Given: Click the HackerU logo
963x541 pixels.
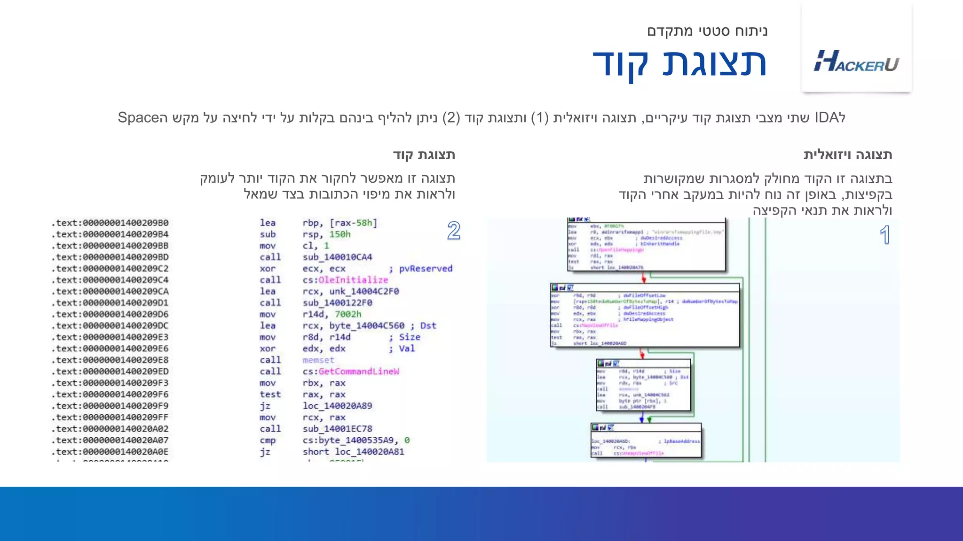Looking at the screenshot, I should coord(856,62).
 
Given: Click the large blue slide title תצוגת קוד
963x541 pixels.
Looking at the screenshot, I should coord(679,64).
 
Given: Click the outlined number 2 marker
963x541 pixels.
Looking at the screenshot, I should coord(453,231).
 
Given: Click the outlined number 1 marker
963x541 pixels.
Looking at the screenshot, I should coord(885,235).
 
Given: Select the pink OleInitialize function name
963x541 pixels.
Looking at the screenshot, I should coord(353,280).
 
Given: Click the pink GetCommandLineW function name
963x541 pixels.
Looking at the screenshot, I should coord(359,371).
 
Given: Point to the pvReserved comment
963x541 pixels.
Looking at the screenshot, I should coord(426,269).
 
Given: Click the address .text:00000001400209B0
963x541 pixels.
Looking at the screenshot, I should coord(110,223).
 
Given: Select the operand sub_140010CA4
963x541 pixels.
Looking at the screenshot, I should coord(337,257).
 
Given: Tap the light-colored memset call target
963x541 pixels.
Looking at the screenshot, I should coord(318,360).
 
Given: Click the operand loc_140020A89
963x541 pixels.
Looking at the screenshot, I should coord(337,406).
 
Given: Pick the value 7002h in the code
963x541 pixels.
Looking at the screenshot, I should coord(348,314).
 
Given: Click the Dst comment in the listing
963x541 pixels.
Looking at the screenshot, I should coord(428,325).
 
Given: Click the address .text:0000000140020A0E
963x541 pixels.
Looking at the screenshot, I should coord(110,452).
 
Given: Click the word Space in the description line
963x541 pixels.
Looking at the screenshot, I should coord(137,117).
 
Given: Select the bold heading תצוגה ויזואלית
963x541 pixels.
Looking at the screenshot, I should coord(847,155).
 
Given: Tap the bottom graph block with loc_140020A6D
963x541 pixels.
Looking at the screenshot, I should coord(646,441).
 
